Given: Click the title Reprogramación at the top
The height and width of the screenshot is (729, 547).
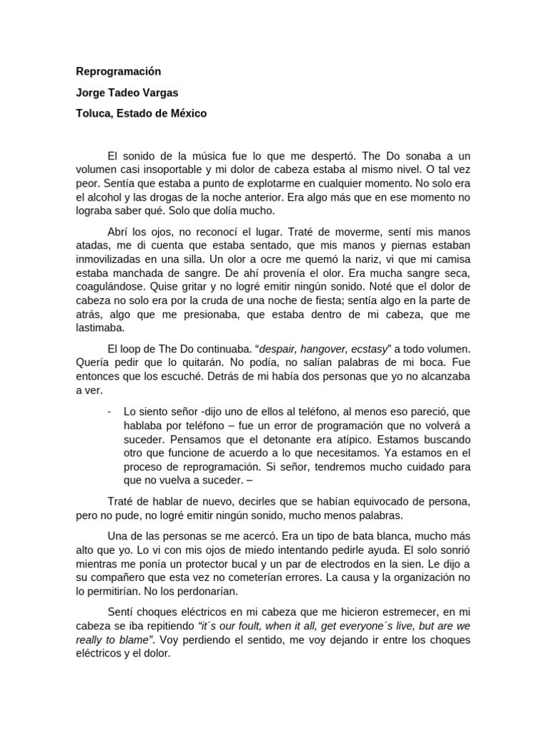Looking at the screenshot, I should (x=119, y=71).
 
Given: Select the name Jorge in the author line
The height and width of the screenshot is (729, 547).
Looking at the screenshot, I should (x=92, y=93).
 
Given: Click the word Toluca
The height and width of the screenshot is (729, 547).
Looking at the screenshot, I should (x=95, y=113).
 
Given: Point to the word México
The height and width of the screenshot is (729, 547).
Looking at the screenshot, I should (x=188, y=113).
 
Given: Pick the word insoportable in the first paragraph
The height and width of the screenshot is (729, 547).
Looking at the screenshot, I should (x=172, y=170).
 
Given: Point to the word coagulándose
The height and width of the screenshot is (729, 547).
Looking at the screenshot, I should (x=111, y=288).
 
